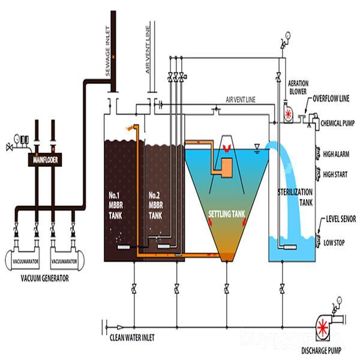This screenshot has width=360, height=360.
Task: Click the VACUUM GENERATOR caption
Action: tap(44, 278)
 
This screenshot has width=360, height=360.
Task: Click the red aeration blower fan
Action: tap(289, 114)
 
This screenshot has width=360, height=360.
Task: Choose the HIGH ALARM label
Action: tap(335, 153)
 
